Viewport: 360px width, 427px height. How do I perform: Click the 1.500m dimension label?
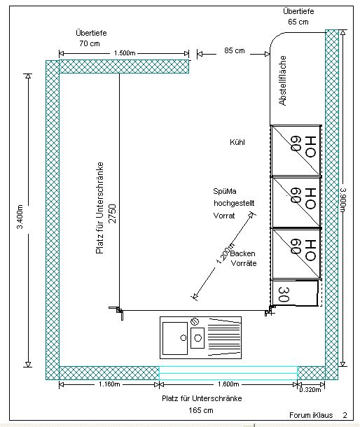click(x=125, y=53)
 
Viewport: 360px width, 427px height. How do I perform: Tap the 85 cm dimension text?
click(x=235, y=50)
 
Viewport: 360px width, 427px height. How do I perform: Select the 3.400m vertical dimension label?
click(x=20, y=216)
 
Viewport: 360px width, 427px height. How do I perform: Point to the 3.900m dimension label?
click(x=342, y=199)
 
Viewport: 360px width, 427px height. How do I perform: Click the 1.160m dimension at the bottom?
click(x=109, y=384)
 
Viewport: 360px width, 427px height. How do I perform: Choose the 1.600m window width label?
click(x=228, y=384)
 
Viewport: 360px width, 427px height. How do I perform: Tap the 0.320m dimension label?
click(x=310, y=390)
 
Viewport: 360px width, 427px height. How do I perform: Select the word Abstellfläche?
click(x=282, y=80)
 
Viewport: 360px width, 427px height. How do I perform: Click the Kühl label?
click(x=237, y=142)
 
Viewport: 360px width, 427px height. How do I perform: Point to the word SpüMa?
click(x=225, y=191)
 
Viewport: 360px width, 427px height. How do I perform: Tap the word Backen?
click(x=242, y=253)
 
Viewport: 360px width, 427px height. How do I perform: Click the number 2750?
click(x=112, y=213)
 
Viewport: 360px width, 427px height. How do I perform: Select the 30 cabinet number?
click(x=284, y=295)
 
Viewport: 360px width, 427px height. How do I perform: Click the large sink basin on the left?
click(x=175, y=338)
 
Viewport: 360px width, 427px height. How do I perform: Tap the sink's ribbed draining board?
click(x=225, y=337)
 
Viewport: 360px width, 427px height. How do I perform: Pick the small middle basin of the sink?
click(x=198, y=338)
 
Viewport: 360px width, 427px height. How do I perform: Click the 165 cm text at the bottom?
click(x=201, y=410)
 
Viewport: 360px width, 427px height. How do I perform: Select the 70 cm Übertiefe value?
click(x=90, y=43)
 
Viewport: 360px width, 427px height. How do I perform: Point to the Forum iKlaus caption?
click(x=311, y=415)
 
